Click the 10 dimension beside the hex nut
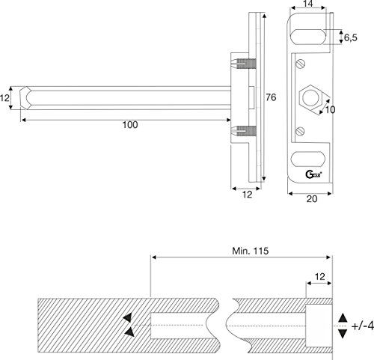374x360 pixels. coord(327,110)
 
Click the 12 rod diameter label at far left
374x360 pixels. coord(5,98)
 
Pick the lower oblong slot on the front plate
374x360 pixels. coord(308,159)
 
